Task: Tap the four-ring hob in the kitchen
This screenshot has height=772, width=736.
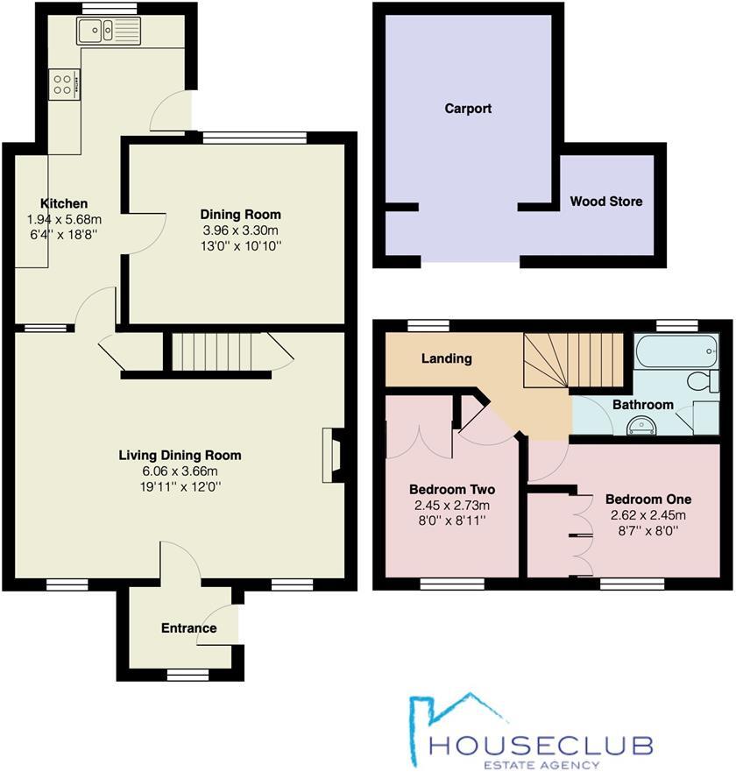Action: click(x=64, y=85)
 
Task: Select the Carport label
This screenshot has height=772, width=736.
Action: click(x=468, y=109)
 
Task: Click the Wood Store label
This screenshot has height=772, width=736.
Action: click(x=606, y=202)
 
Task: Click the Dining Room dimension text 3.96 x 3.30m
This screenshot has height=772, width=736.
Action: click(x=241, y=230)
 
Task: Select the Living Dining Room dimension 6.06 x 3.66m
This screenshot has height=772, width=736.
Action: click(x=180, y=471)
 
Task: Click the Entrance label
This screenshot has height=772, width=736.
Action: click(x=188, y=628)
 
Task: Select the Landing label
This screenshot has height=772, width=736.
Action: click(x=447, y=358)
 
